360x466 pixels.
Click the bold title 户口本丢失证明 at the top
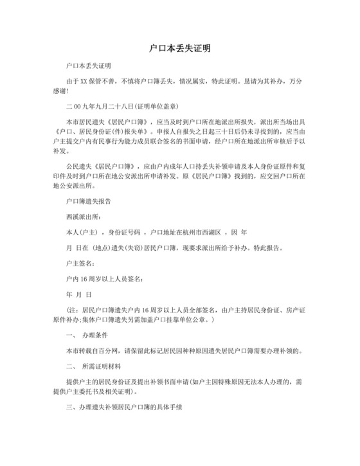click(x=179, y=48)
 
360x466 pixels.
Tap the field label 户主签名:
click(x=80, y=263)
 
